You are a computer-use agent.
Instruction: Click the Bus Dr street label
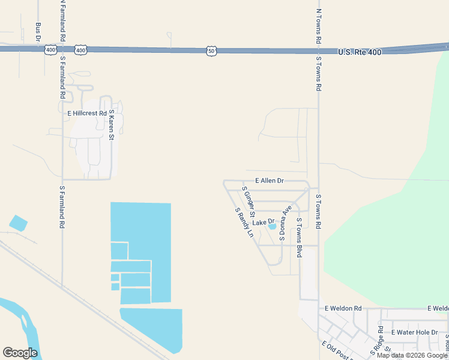(x=38, y=31)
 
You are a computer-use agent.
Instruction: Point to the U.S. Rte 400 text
(x=359, y=52)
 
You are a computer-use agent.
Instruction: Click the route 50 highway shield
(x=211, y=51)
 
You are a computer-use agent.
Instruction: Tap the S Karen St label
(x=111, y=125)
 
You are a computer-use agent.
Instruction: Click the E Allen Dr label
(x=269, y=180)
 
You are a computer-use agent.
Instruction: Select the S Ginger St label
(x=249, y=202)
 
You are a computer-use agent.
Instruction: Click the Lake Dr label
(x=262, y=222)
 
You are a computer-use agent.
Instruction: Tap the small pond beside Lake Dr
(x=273, y=226)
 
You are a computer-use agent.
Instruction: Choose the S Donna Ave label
(x=285, y=224)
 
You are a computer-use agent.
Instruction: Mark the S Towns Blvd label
(x=298, y=238)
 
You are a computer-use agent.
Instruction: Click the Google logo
(x=20, y=352)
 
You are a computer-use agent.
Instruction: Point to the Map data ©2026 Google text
(x=412, y=355)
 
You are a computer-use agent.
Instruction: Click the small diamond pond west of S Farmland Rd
(x=18, y=223)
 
